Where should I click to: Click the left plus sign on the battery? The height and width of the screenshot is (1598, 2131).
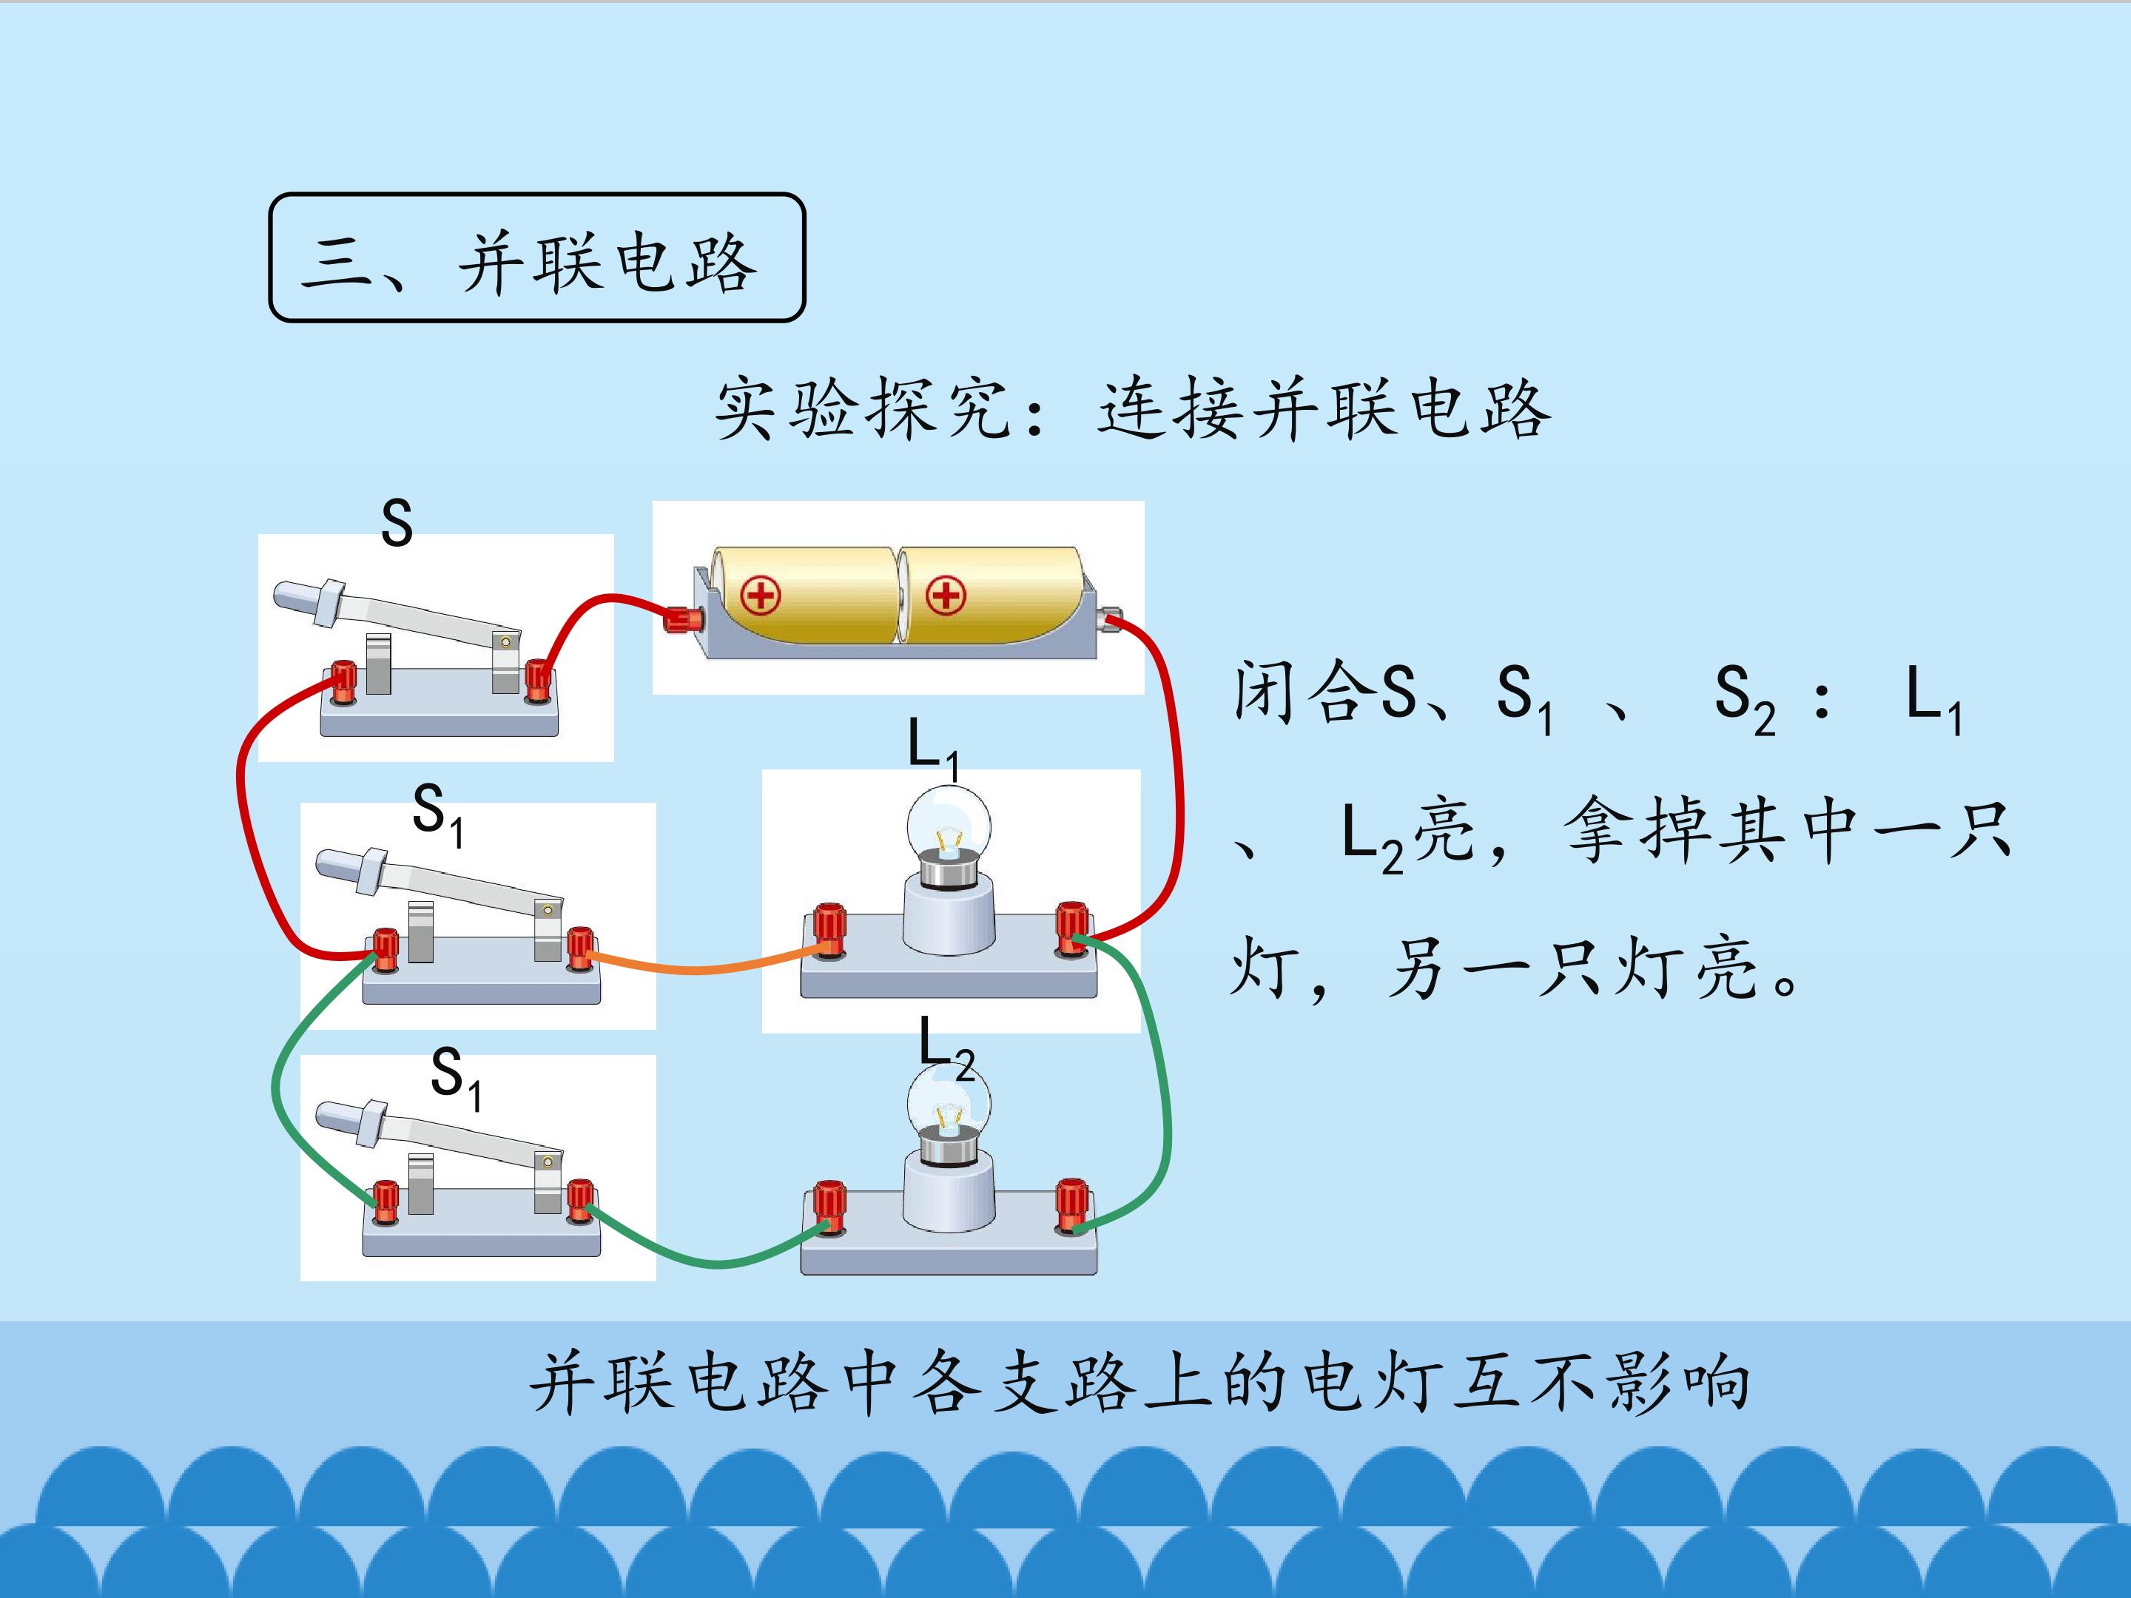(x=760, y=596)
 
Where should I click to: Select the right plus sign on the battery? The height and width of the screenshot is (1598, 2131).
(x=945, y=596)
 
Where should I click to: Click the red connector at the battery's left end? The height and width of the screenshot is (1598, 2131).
(x=683, y=618)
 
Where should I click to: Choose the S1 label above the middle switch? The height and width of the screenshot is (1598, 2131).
(x=438, y=814)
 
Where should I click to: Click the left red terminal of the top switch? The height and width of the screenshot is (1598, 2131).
(x=344, y=681)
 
